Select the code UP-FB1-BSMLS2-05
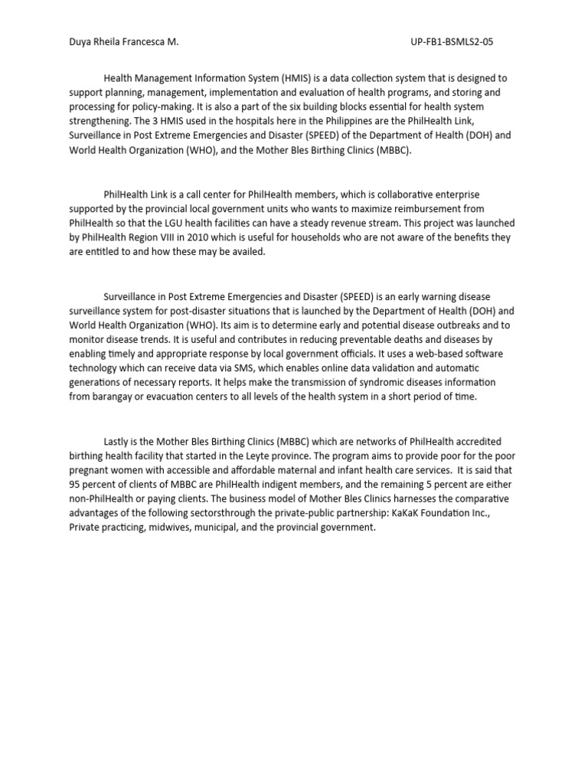[x=452, y=42]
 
